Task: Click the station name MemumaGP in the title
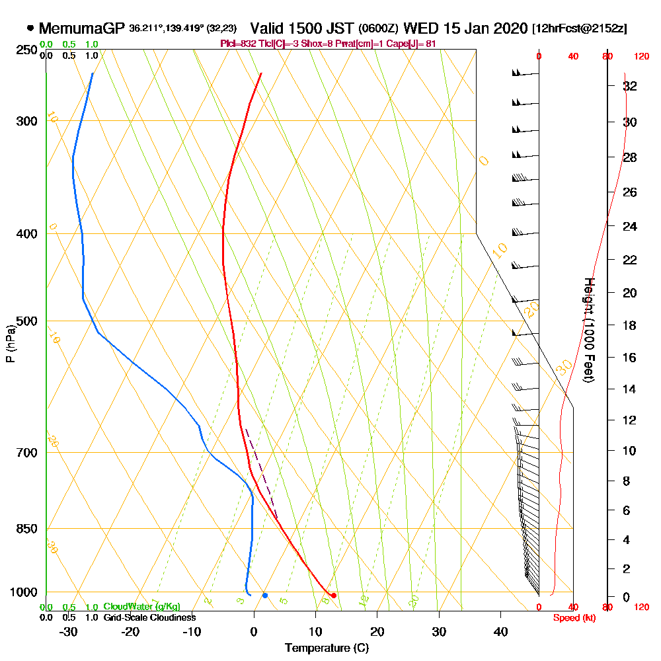point(82,28)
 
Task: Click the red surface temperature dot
point(334,596)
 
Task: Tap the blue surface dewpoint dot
point(264,596)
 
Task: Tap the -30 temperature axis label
point(68,632)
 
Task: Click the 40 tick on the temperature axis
point(500,632)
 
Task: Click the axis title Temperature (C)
point(327,648)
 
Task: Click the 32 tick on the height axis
point(630,86)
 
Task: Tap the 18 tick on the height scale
point(630,325)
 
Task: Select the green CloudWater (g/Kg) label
point(141,607)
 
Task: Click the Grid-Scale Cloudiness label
point(149,617)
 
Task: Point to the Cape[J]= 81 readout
point(411,44)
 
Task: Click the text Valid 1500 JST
point(301,28)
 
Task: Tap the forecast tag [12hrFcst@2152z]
point(579,29)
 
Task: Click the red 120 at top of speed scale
point(641,57)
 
